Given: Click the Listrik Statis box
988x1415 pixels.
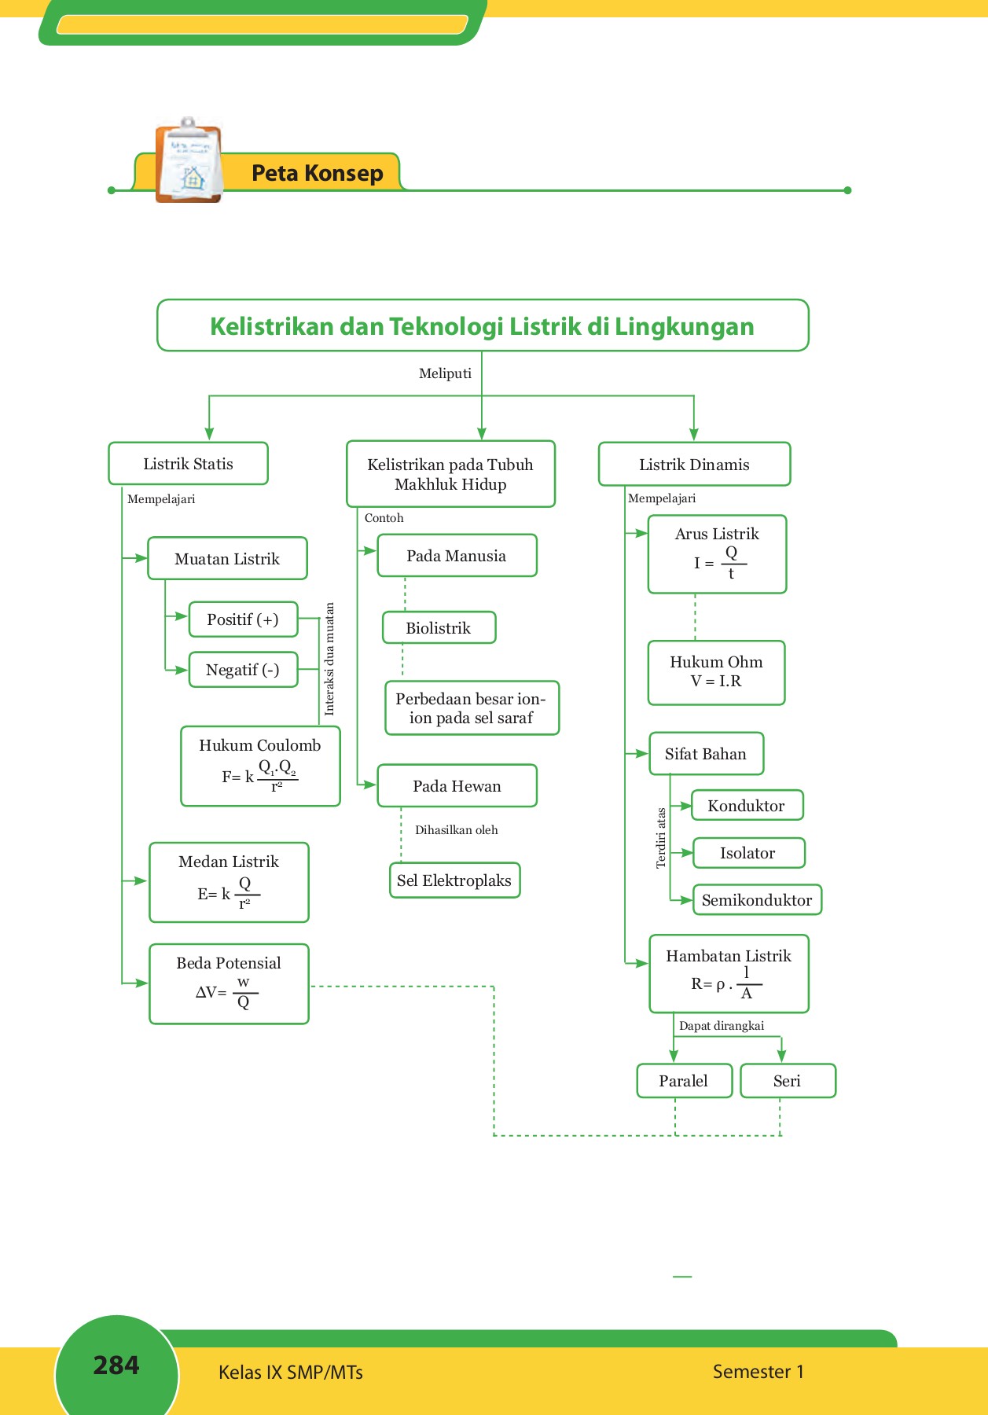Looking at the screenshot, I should [x=188, y=464].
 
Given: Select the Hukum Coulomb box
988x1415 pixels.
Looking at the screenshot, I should [x=260, y=766].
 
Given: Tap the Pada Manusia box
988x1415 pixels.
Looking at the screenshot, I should [x=457, y=556].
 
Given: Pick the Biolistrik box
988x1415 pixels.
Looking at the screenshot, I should [x=439, y=628].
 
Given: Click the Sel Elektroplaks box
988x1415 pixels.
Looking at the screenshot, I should [x=454, y=880].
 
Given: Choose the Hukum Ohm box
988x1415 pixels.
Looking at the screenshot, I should [x=716, y=672].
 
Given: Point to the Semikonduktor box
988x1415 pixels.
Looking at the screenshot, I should [x=757, y=900].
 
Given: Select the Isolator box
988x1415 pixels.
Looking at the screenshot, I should [x=748, y=853].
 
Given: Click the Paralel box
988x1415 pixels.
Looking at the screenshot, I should [x=684, y=1081].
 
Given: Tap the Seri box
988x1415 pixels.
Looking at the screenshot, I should [x=788, y=1081].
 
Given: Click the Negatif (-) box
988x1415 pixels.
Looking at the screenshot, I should [x=243, y=670].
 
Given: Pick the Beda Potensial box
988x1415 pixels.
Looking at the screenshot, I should [x=229, y=983].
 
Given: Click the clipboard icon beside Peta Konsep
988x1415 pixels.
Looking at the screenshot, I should [x=188, y=161].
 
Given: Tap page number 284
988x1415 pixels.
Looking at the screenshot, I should [x=116, y=1365].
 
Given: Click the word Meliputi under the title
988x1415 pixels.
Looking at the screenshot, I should [x=445, y=373].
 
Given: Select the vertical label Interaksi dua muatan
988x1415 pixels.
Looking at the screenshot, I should [x=329, y=659].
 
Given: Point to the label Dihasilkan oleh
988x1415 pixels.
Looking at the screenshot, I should [x=456, y=830].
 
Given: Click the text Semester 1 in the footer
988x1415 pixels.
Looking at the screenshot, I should [x=758, y=1372].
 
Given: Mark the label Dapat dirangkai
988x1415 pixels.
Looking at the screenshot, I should [x=721, y=1026].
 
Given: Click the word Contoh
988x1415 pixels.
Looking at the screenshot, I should [x=384, y=518].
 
